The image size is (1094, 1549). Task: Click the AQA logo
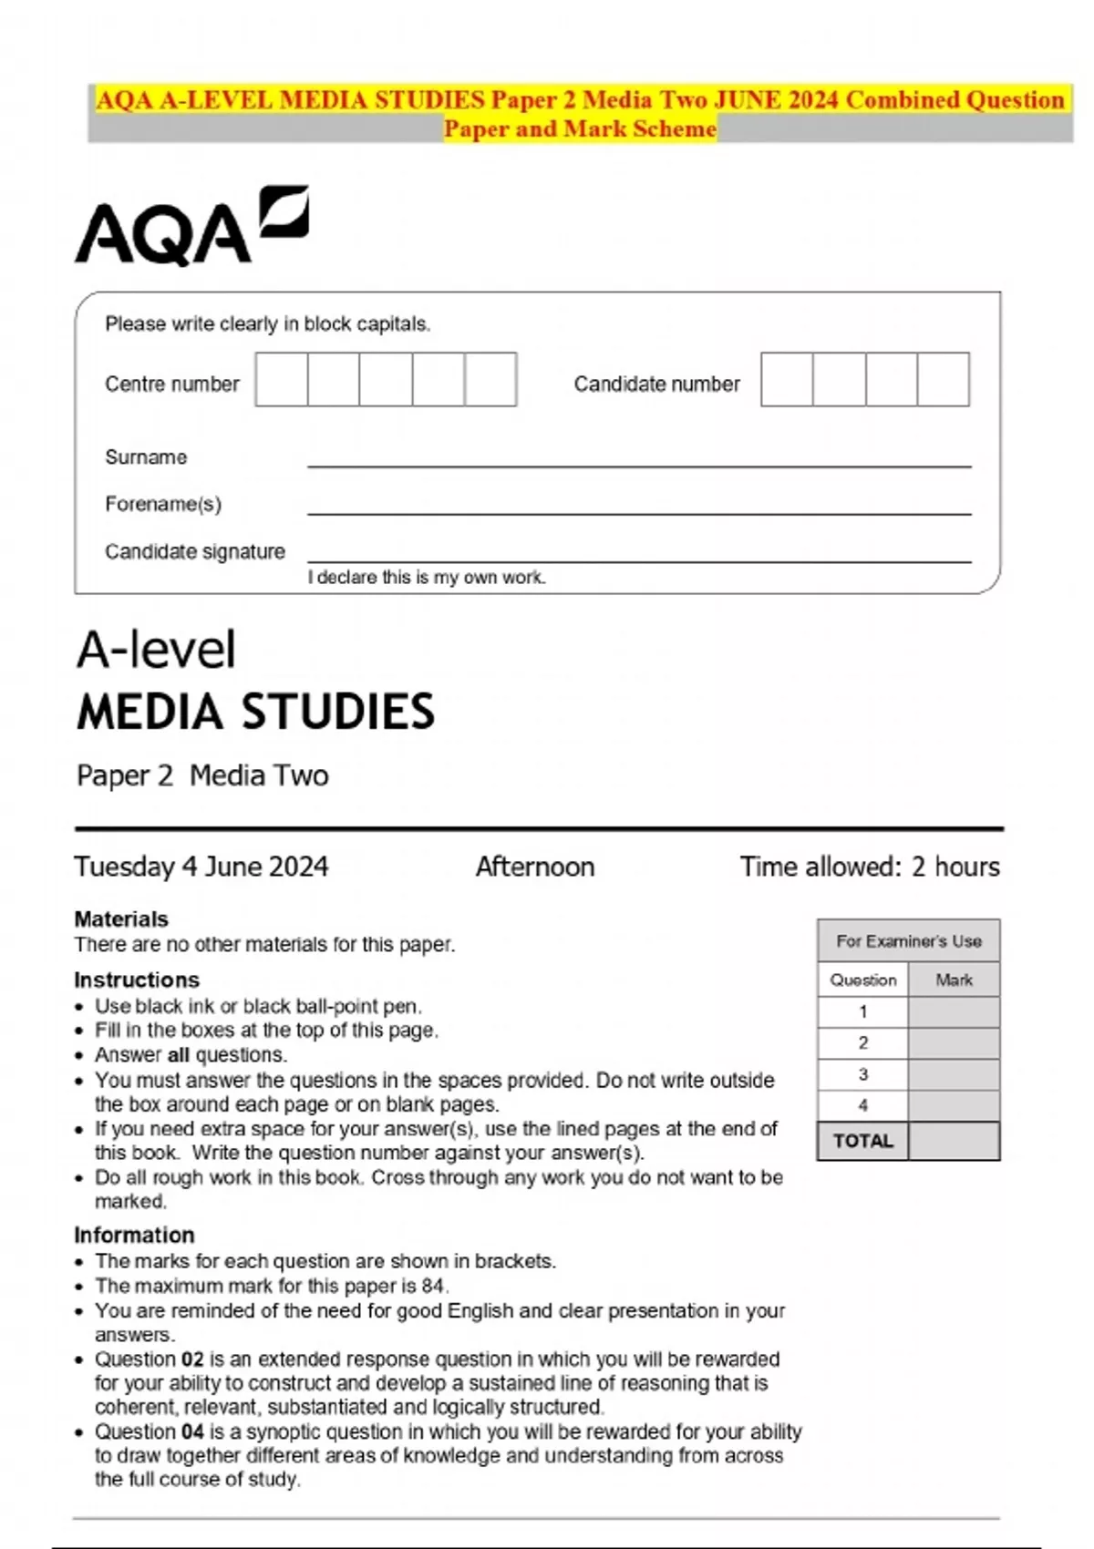point(191,228)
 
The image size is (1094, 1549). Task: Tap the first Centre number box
point(282,380)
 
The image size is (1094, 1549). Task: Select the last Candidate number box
point(943,380)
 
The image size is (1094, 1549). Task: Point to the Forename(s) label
point(163,504)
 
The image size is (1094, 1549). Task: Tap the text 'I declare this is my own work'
point(427,578)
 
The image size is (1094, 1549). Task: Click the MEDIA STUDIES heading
point(256,712)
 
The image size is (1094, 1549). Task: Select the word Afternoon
point(535,867)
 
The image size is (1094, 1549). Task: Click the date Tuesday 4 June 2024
point(201,867)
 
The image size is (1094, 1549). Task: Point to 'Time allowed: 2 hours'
point(870,867)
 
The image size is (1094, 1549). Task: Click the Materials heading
point(121,918)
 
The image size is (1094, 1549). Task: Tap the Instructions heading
point(137,980)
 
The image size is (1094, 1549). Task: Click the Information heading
point(134,1235)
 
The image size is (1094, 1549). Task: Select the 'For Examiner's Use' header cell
point(909,941)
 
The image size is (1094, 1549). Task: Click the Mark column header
point(954,980)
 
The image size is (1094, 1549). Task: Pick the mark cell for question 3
point(954,1074)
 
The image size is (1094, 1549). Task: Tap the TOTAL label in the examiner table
point(863,1141)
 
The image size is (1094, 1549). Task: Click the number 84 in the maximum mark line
point(433,1286)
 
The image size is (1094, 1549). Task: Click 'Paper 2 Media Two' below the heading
point(202,775)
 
